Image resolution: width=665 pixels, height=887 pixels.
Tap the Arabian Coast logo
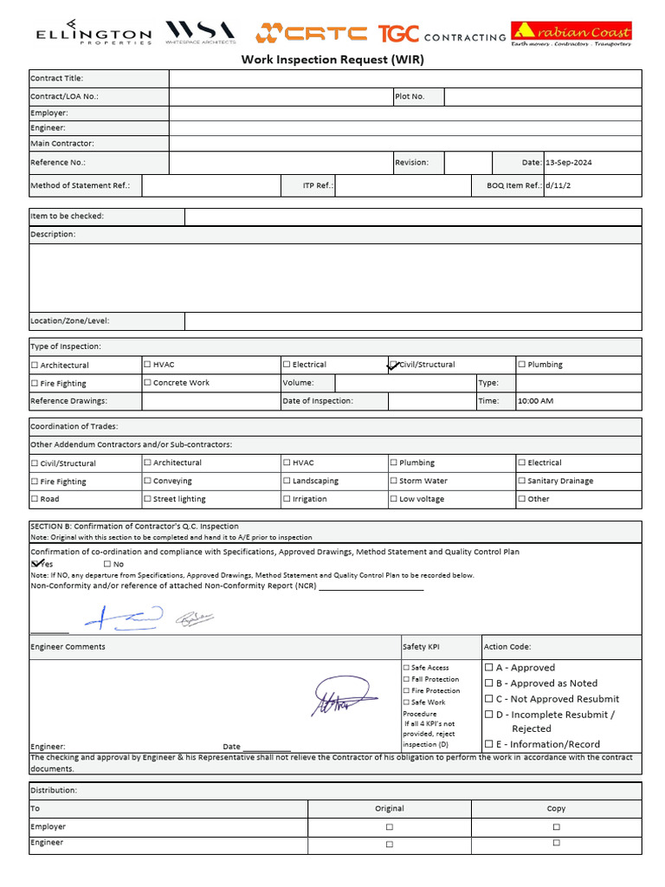[x=571, y=34]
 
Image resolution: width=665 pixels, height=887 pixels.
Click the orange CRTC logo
[x=311, y=34]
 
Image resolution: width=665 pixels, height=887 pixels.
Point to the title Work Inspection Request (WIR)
[x=332, y=61]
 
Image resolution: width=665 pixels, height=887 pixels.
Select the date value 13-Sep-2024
[x=569, y=163]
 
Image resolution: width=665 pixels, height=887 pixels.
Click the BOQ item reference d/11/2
[x=558, y=185]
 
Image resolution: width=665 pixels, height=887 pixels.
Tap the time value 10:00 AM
[x=535, y=401]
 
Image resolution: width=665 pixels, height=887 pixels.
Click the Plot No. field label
[x=410, y=97]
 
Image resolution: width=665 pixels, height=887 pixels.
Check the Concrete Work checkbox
[x=147, y=382]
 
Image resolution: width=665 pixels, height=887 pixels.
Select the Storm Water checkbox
[x=394, y=481]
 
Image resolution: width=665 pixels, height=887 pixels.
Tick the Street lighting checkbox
[x=147, y=499]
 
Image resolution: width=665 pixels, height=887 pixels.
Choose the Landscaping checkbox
[x=287, y=481]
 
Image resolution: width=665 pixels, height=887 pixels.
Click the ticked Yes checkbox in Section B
[x=36, y=564]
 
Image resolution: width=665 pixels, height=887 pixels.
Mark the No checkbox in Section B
[x=107, y=564]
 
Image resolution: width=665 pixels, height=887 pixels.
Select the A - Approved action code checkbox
[x=489, y=668]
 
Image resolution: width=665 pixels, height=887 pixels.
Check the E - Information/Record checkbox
[x=489, y=744]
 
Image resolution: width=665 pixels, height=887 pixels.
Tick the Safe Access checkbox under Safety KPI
[x=406, y=668]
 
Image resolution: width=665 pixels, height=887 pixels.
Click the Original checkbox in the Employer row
[x=389, y=827]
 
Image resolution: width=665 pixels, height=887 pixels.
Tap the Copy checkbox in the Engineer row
[x=556, y=843]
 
